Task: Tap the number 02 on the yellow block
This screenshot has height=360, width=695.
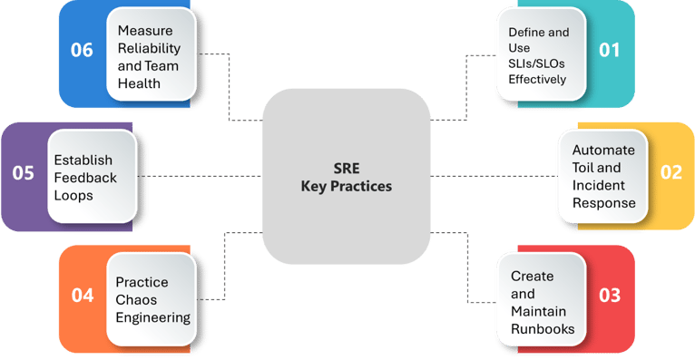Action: tap(670, 172)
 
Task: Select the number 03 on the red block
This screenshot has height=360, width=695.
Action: tap(611, 295)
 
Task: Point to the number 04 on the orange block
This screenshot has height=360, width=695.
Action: tap(83, 295)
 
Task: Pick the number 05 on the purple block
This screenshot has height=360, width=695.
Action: tap(23, 172)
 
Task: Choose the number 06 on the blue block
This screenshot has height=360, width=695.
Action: tap(83, 50)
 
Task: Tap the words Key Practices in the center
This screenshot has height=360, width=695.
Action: tap(347, 186)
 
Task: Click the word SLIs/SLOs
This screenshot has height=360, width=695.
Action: tap(538, 63)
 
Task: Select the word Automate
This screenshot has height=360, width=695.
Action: tap(603, 149)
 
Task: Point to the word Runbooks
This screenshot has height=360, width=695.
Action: tap(543, 329)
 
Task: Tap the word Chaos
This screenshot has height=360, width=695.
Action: tap(135, 298)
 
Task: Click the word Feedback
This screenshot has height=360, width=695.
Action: tap(85, 178)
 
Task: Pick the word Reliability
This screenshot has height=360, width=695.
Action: tap(149, 48)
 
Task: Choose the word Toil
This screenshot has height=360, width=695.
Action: tap(584, 167)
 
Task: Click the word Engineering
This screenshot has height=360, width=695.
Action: tap(153, 316)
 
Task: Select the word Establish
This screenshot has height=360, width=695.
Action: tap(83, 160)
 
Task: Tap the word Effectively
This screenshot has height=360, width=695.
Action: tap(537, 80)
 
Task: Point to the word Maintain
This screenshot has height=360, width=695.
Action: tap(537, 311)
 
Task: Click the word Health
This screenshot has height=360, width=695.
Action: tap(139, 83)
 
